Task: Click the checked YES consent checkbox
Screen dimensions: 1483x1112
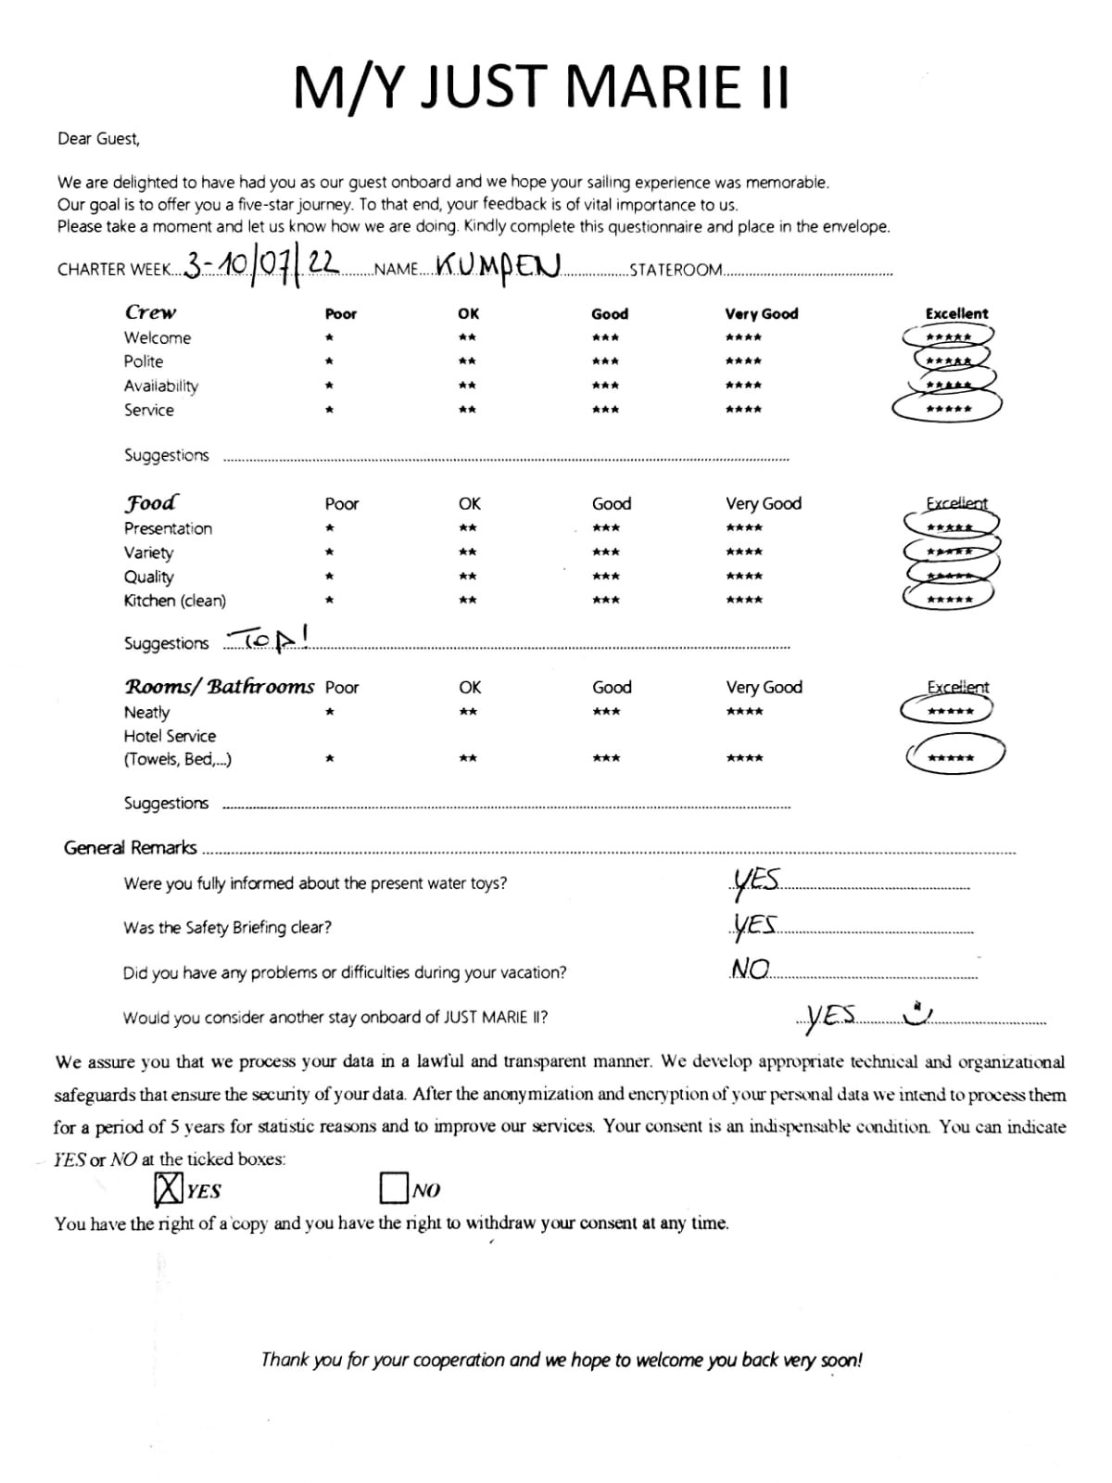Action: [168, 1189]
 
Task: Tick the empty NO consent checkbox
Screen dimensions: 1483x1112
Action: [394, 1187]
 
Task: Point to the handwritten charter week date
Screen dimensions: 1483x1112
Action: [259, 266]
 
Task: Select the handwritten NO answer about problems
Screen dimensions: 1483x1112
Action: [750, 969]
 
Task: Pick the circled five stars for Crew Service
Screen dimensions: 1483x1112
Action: [948, 409]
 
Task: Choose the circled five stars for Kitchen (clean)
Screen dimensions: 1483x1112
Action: [950, 600]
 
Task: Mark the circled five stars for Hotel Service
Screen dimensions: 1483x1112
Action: [952, 757]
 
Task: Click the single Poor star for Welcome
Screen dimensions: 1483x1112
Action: [329, 338]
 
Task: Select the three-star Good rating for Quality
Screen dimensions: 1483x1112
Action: [606, 577]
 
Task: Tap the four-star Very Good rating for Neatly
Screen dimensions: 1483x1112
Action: [744, 712]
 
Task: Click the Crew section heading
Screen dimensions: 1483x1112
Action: [150, 312]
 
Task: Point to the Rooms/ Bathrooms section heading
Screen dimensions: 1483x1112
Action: [220, 687]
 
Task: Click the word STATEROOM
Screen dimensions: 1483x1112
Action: [676, 270]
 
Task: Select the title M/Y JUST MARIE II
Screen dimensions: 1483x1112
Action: [541, 87]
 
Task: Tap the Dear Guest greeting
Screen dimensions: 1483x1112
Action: [98, 139]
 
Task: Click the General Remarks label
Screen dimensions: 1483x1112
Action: [131, 847]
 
